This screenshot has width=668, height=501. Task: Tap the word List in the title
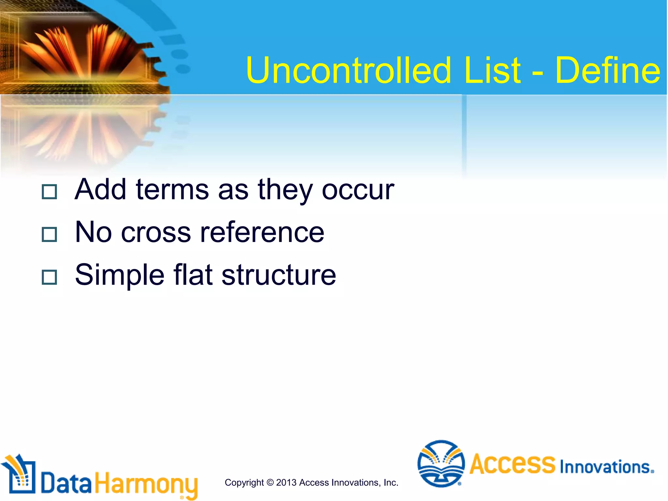[x=492, y=70]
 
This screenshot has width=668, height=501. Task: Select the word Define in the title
[x=607, y=70]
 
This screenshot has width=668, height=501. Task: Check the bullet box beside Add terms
[x=50, y=192]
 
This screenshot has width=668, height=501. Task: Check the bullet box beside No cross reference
[x=50, y=234]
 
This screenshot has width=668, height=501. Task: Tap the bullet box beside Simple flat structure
[x=50, y=277]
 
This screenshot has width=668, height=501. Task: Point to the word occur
[x=358, y=190]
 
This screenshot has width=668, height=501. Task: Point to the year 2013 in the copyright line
[x=286, y=482]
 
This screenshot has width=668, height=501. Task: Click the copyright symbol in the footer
[x=270, y=482]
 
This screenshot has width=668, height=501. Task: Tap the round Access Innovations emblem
[x=441, y=463]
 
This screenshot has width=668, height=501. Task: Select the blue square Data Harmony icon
[x=20, y=476]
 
